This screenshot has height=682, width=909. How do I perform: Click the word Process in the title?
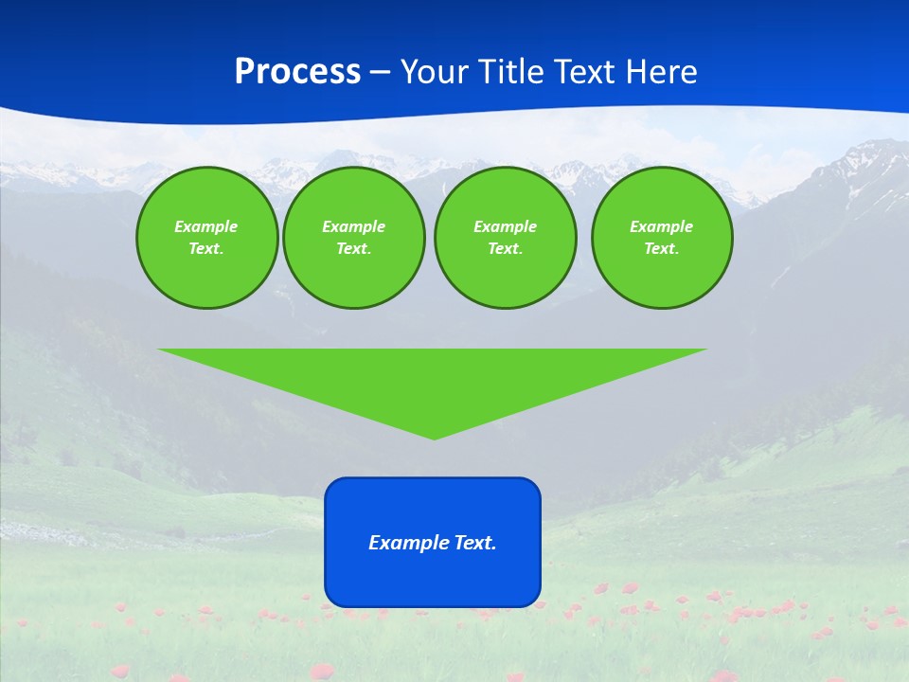point(297,72)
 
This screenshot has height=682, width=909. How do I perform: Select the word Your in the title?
point(435,72)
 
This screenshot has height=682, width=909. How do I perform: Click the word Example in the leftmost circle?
point(205,226)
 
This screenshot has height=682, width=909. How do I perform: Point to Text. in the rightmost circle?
point(661,249)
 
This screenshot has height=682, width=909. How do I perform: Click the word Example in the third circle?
point(505,226)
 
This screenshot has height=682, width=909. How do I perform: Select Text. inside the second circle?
point(353,249)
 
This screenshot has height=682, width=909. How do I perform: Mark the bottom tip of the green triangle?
point(434,438)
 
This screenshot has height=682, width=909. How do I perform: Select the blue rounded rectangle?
point(433,578)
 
